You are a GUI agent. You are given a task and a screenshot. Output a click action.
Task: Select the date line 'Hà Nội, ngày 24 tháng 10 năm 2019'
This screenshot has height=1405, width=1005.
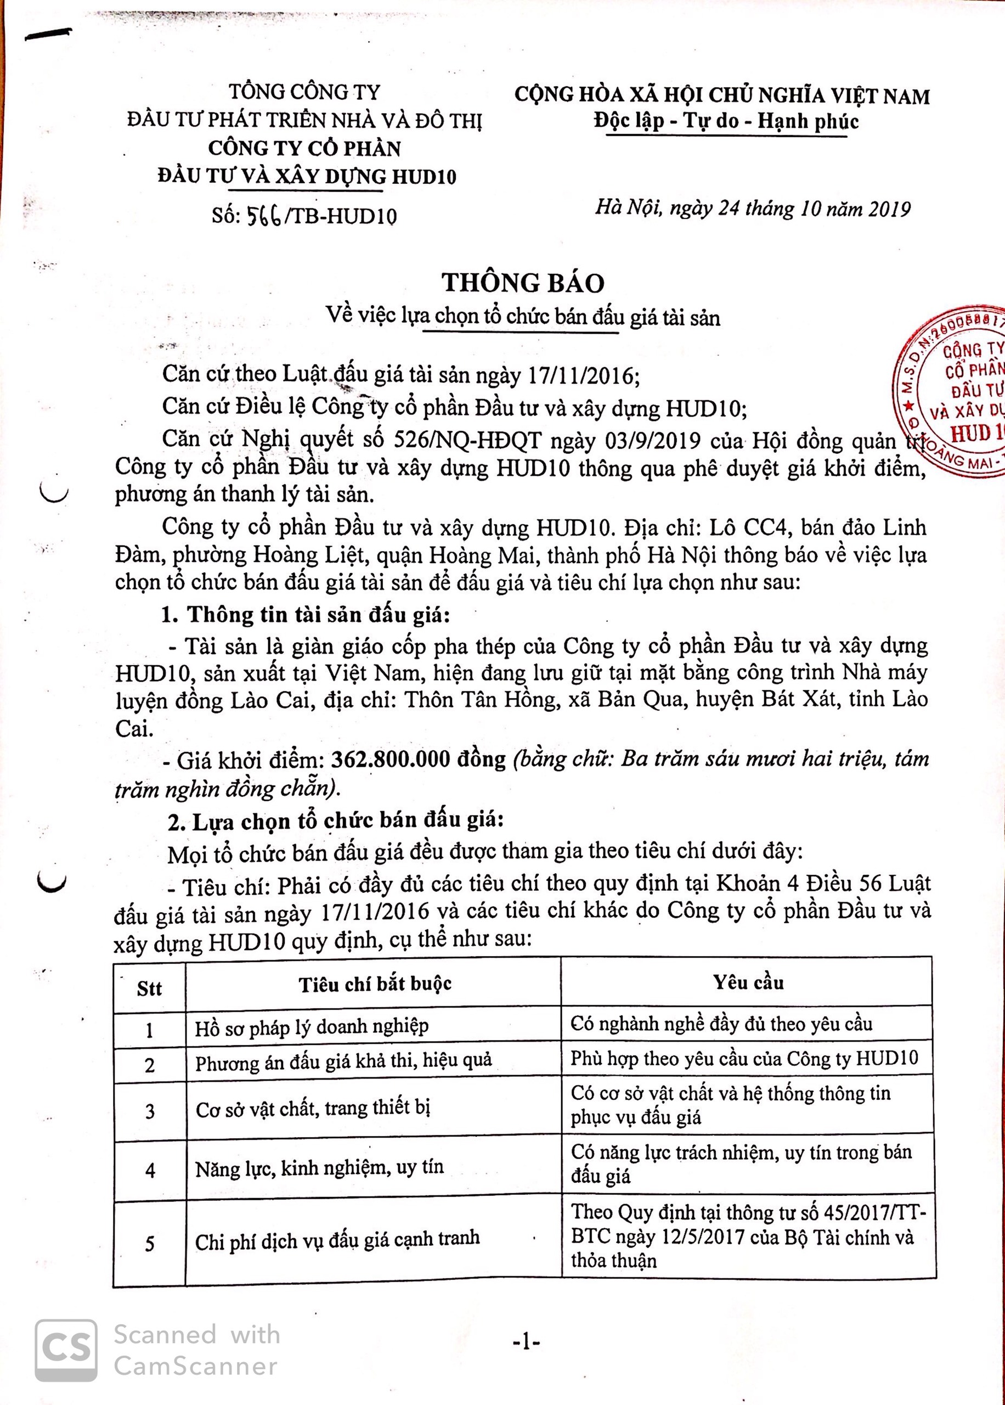click(753, 209)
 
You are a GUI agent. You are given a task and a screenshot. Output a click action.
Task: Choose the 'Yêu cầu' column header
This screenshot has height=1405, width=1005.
click(748, 982)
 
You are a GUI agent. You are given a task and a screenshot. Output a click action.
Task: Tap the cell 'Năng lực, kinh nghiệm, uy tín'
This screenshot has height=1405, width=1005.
click(319, 1168)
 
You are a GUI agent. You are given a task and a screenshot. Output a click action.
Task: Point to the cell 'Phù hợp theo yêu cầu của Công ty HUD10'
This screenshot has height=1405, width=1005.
click(744, 1059)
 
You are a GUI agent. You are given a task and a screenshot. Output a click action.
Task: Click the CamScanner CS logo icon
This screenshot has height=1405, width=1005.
click(66, 1350)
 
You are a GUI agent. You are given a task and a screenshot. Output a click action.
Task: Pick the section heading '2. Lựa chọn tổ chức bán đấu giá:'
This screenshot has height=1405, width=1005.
click(335, 822)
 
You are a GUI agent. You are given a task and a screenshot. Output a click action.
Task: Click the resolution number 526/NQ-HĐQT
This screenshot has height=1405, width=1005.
click(467, 440)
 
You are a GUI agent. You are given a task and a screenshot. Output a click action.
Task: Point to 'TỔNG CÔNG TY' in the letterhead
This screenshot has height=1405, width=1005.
click(304, 92)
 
